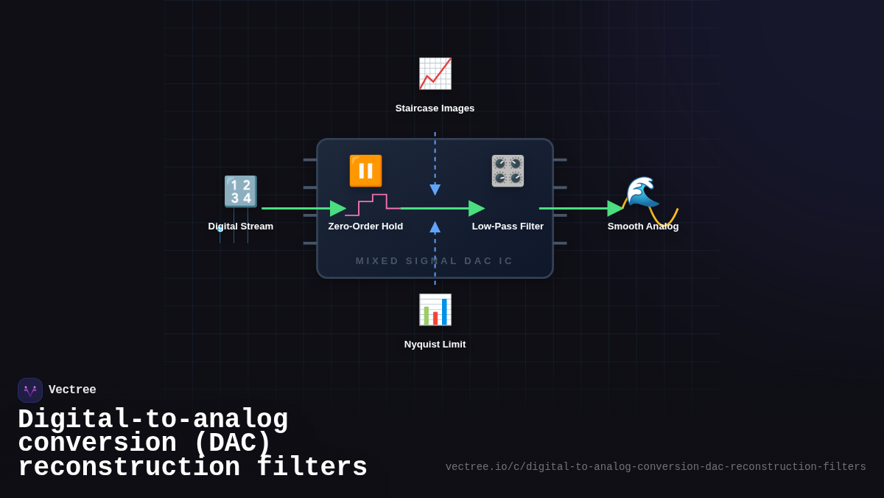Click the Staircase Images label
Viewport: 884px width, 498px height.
pyautogui.click(x=435, y=108)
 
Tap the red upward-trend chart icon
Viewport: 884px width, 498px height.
pyautogui.click(x=435, y=74)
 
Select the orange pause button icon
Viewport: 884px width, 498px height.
pyautogui.click(x=365, y=170)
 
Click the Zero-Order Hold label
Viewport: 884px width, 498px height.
pyautogui.click(x=365, y=226)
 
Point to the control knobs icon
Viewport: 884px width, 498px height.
pyautogui.click(x=508, y=170)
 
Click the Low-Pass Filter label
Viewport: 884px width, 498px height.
pyautogui.click(x=508, y=226)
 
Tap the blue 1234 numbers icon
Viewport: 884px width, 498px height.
pyautogui.click(x=241, y=192)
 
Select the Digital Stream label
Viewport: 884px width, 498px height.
pyautogui.click(x=241, y=226)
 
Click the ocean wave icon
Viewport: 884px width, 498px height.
pyautogui.click(x=642, y=192)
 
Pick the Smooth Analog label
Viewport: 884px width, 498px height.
pyautogui.click(x=642, y=226)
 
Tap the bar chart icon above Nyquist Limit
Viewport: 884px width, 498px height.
pyautogui.click(x=435, y=310)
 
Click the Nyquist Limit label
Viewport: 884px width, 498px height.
pyautogui.click(x=435, y=345)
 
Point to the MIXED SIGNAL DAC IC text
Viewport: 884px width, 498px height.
pyautogui.click(x=435, y=261)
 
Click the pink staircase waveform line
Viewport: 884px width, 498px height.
pyautogui.click(x=373, y=201)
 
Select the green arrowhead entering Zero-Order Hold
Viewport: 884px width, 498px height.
pyautogui.click(x=338, y=209)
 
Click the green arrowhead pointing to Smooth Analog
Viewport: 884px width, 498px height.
pyautogui.click(x=615, y=209)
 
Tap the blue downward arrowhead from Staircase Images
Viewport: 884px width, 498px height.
pyautogui.click(x=435, y=190)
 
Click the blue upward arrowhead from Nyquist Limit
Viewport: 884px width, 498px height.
pyautogui.click(x=435, y=227)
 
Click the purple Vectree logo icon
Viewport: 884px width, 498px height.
pyautogui.click(x=30, y=390)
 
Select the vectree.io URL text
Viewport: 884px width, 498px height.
pyautogui.click(x=656, y=467)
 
